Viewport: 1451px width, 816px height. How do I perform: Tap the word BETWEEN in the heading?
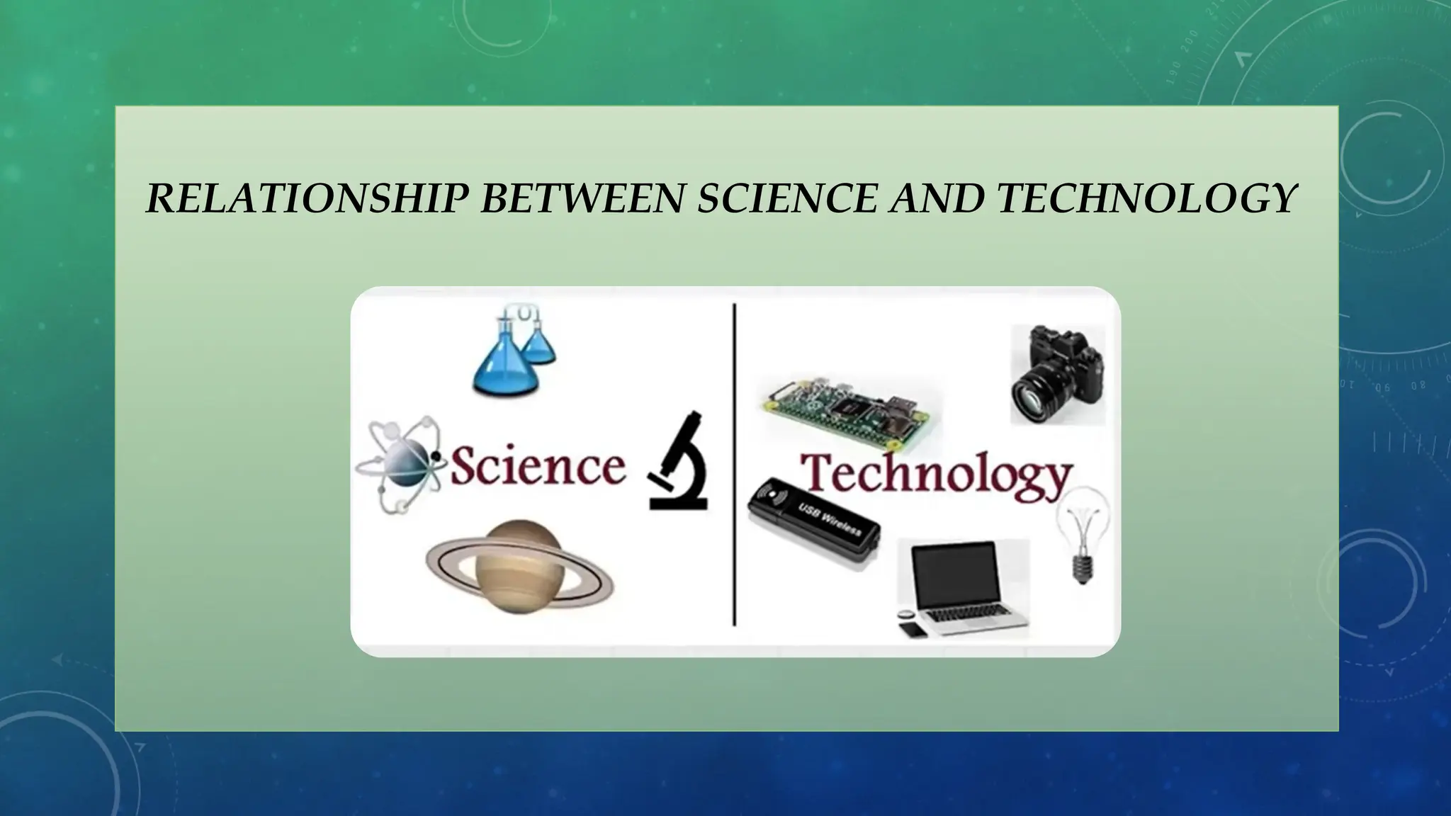[582, 198]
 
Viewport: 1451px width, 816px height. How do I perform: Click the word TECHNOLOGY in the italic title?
[1147, 198]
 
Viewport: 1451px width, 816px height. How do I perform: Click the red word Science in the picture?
[538, 467]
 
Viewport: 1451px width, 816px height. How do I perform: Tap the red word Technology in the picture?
[935, 473]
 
